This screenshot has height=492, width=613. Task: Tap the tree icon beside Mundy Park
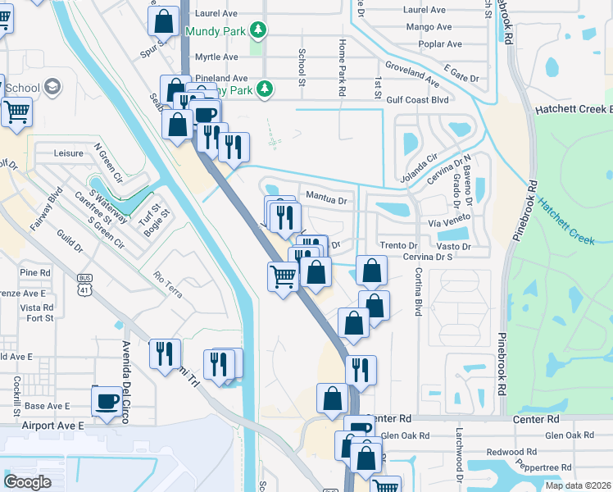(x=259, y=31)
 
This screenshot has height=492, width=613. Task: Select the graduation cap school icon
(x=53, y=88)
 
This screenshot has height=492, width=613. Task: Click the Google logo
(x=28, y=481)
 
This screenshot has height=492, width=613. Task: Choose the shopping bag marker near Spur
(x=163, y=22)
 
